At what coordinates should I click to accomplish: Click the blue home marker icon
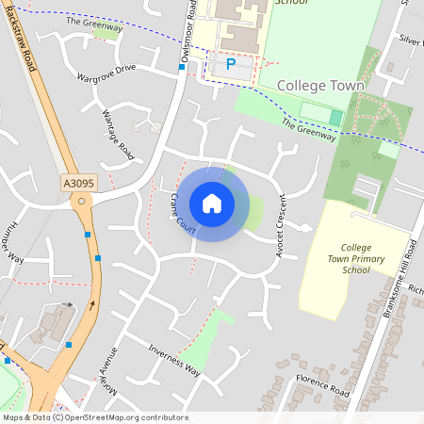coord(212,203)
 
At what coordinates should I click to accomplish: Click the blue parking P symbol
coord(231,65)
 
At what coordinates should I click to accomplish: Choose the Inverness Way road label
coord(175,360)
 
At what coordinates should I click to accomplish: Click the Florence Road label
coord(323,386)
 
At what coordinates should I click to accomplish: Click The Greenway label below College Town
coord(309,130)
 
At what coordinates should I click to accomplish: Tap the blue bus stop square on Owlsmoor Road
coord(182,67)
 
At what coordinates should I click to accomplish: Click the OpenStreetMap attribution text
coord(94,417)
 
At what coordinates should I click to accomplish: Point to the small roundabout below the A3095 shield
coord(82,200)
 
